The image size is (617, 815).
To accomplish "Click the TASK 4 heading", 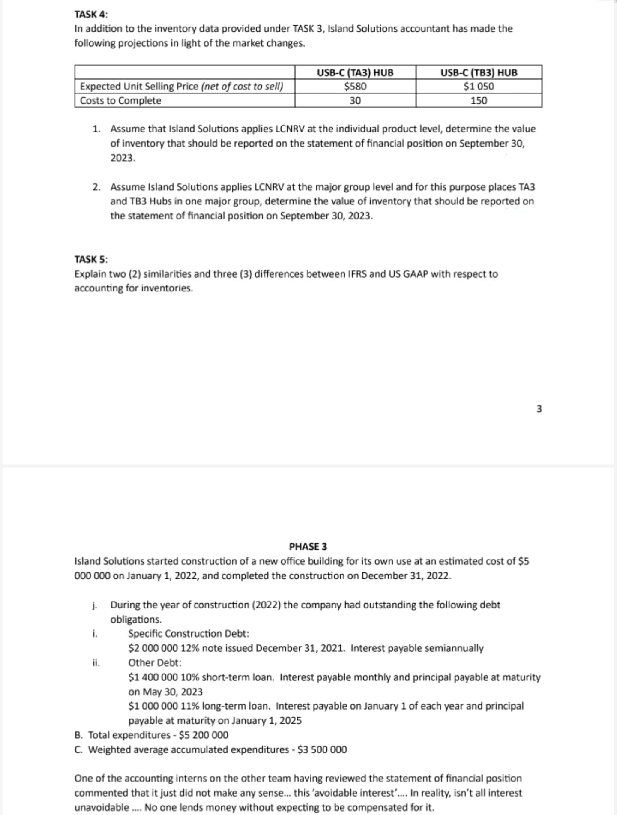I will click(x=91, y=14).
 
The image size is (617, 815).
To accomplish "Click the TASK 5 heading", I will click(x=91, y=259).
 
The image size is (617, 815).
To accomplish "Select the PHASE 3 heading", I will click(x=308, y=546).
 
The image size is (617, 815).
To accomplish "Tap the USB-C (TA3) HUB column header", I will click(x=355, y=72).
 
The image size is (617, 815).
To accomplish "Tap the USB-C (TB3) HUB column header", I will click(x=479, y=72).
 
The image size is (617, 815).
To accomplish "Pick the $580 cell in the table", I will click(x=355, y=87).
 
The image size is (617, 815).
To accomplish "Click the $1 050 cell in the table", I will click(x=479, y=87).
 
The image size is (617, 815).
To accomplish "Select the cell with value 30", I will click(x=355, y=101).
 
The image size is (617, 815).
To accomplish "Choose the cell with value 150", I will click(x=479, y=101).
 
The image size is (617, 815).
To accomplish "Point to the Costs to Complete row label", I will click(x=121, y=101).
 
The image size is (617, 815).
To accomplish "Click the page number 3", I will click(x=539, y=409).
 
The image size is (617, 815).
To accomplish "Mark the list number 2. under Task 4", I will click(x=97, y=187).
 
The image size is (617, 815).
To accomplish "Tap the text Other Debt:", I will click(x=155, y=662).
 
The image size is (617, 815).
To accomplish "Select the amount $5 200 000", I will click(x=204, y=735).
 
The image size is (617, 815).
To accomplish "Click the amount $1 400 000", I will click(x=152, y=677).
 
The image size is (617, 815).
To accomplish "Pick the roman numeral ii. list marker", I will click(x=96, y=662).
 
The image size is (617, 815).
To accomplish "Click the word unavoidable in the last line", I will click(x=102, y=808).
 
